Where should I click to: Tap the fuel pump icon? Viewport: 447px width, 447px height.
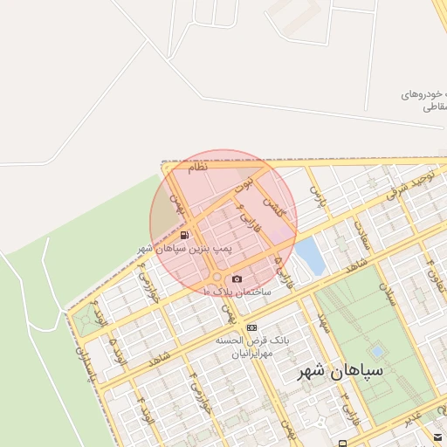coord(184,235)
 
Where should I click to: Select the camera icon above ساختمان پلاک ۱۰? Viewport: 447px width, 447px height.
coord(237,279)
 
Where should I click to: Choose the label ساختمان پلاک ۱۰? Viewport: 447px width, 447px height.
coord(237,292)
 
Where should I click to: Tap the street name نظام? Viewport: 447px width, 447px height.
coord(197,168)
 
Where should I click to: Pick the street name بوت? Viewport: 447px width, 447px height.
coord(248,183)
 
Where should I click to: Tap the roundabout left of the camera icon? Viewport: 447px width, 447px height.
coord(215,278)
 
